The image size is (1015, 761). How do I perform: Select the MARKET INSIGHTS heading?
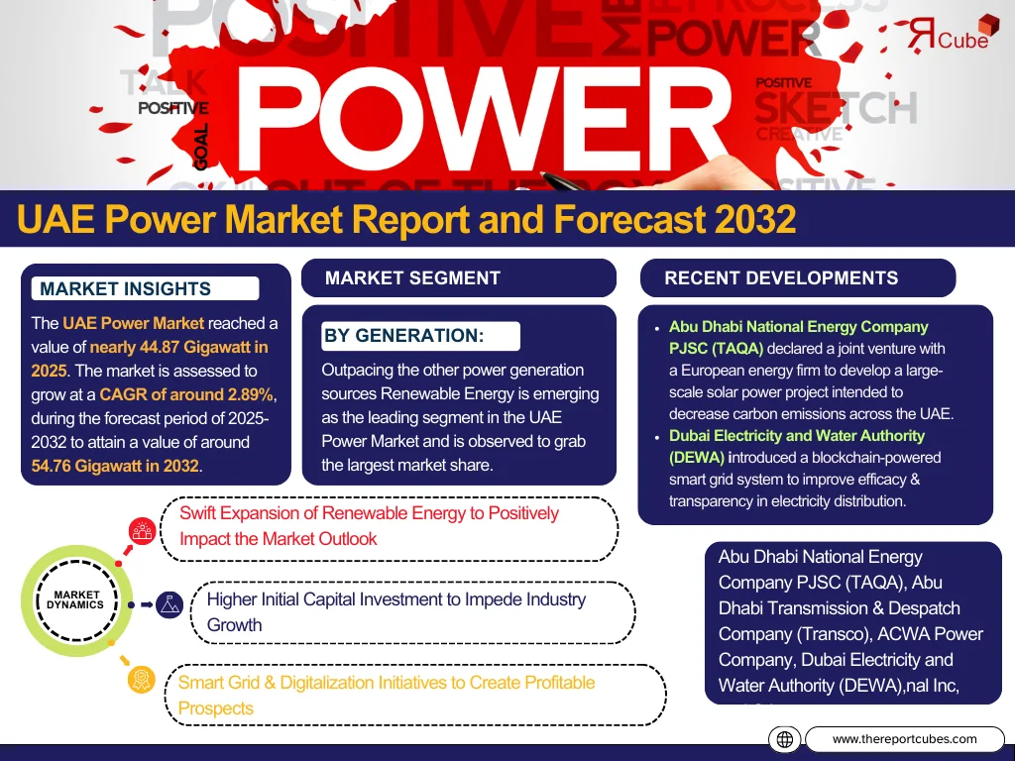(x=126, y=289)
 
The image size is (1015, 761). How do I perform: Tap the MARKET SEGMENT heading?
(x=412, y=278)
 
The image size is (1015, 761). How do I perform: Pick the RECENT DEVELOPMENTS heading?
(x=781, y=278)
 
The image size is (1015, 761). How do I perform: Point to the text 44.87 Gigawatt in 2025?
(x=178, y=347)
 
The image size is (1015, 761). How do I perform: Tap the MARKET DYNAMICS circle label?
(x=75, y=600)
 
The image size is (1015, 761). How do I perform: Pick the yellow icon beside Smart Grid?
(x=143, y=679)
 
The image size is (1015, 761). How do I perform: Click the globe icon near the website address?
(x=784, y=739)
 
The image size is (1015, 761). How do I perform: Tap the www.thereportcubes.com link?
(x=904, y=739)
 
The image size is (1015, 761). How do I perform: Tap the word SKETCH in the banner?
(x=836, y=107)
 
